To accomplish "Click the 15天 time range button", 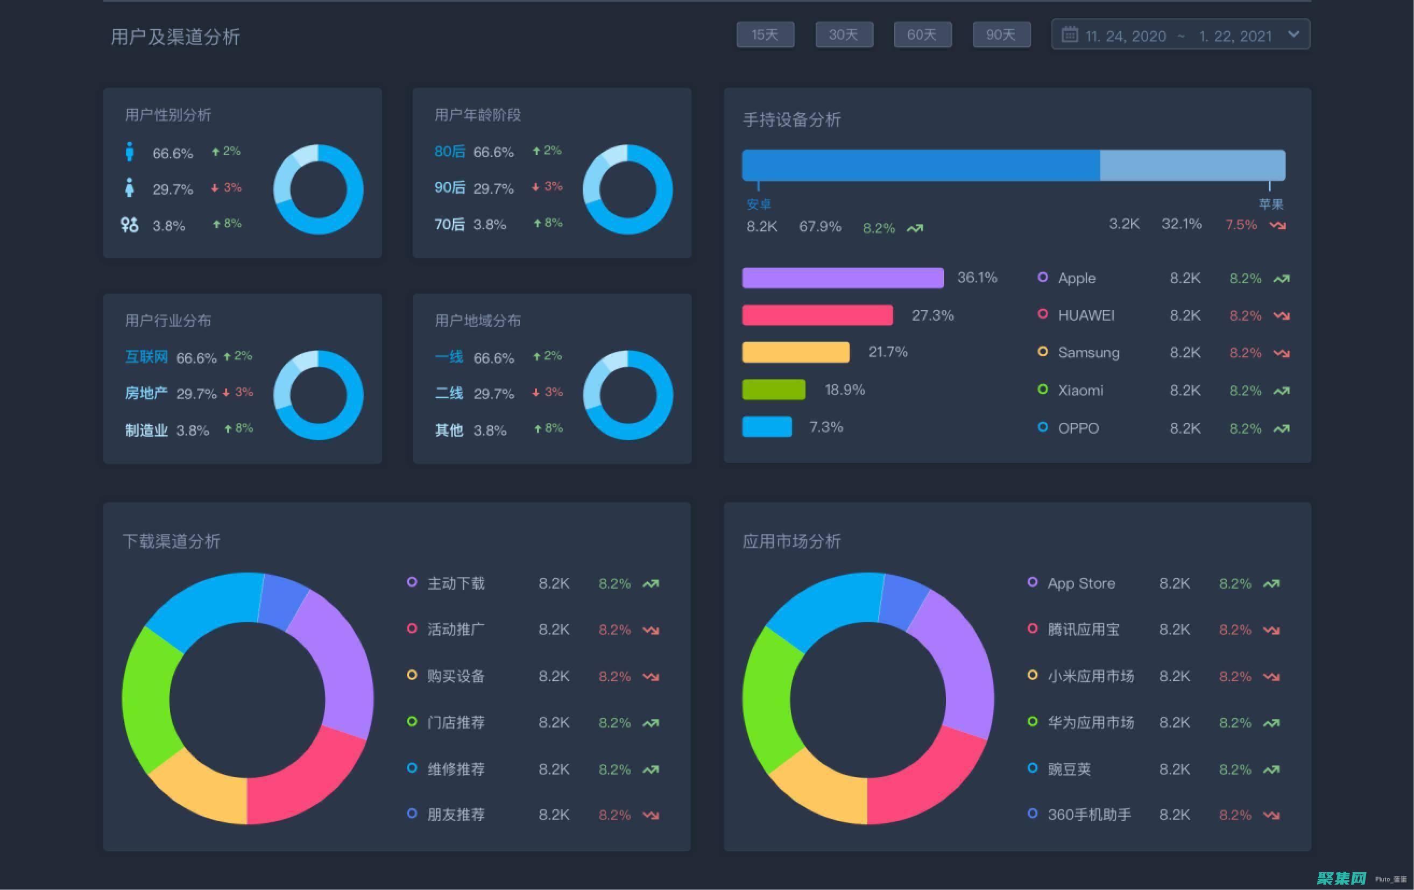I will pyautogui.click(x=765, y=34).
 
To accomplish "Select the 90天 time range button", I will pyautogui.click(x=1001, y=34).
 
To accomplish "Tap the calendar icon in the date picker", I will pyautogui.click(x=1069, y=34).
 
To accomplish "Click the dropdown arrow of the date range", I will pyautogui.click(x=1293, y=34).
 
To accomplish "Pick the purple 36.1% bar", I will pyautogui.click(x=842, y=278).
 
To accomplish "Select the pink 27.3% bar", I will pyautogui.click(x=817, y=315).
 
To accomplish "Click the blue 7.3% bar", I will pyautogui.click(x=766, y=427).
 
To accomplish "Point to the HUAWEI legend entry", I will pyautogui.click(x=1085, y=315).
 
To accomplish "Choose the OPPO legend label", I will pyautogui.click(x=1078, y=428).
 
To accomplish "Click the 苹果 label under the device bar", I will pyautogui.click(x=1271, y=204).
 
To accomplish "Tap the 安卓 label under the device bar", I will pyautogui.click(x=758, y=204).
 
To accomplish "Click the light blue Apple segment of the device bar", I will pyautogui.click(x=1192, y=165).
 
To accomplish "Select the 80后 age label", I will pyautogui.click(x=449, y=151).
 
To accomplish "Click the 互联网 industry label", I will pyautogui.click(x=146, y=357).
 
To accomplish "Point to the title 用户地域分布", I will pyautogui.click(x=477, y=321).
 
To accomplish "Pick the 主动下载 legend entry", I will pyautogui.click(x=456, y=583).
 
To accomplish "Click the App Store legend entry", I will pyautogui.click(x=1080, y=583).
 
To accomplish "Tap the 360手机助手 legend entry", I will pyautogui.click(x=1088, y=814).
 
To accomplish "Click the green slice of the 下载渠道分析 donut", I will pyautogui.click(x=148, y=698).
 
